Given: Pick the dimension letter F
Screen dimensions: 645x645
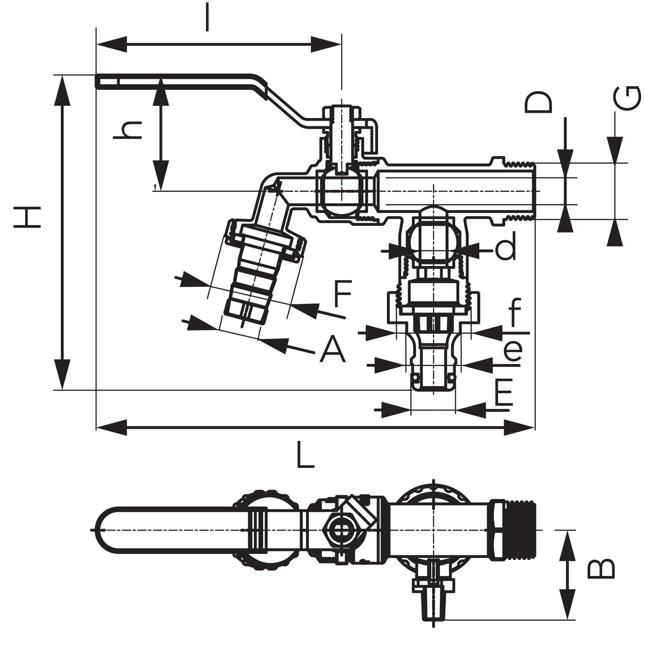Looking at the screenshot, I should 342,294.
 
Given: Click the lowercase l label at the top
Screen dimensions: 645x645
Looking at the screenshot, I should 207,17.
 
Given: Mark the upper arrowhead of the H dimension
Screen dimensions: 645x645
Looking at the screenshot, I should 63,90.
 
